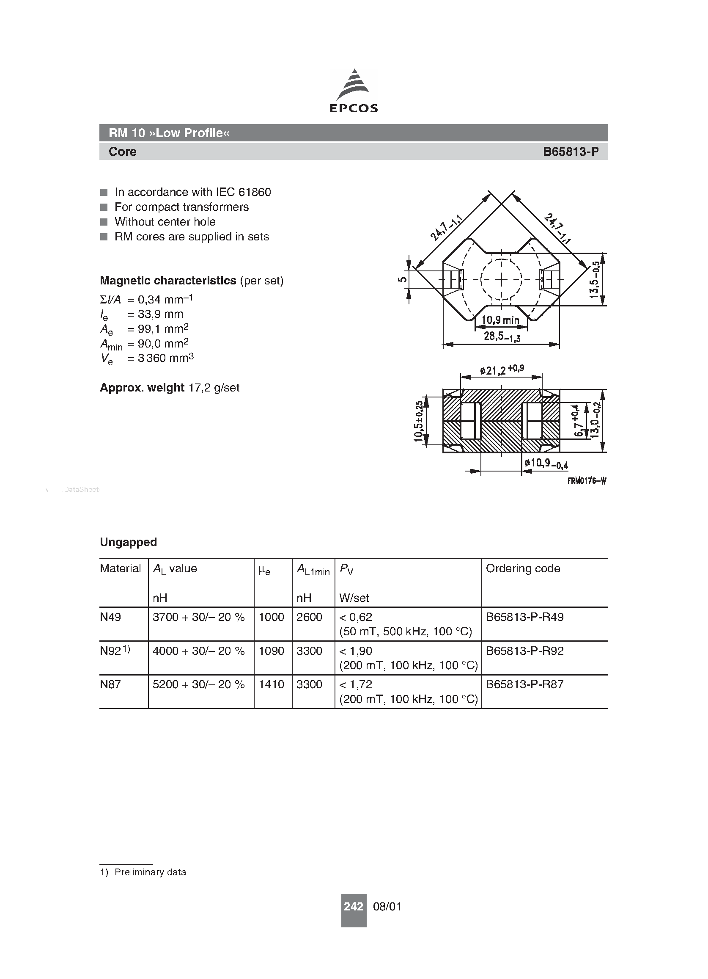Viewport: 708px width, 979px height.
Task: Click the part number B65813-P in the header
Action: (571, 152)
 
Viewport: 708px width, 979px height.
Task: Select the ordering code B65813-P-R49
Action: (524, 617)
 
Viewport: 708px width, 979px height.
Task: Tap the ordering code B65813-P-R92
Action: (524, 651)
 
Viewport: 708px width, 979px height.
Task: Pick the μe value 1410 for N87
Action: (272, 684)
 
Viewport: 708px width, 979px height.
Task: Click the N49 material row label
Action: (110, 617)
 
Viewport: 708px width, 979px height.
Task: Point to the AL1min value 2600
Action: (309, 617)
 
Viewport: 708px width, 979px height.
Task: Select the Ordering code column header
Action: (523, 568)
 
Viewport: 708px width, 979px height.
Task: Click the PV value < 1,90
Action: (356, 651)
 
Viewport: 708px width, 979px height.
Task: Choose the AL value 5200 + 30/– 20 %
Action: (198, 684)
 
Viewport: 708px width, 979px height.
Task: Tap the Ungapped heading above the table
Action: (128, 542)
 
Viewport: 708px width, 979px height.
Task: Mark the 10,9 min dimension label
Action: (500, 320)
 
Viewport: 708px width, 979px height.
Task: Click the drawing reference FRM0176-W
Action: (587, 481)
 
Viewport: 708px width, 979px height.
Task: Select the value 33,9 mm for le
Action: (160, 314)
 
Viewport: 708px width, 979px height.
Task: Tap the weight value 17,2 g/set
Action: (214, 388)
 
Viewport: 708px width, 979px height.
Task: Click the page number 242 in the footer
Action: (353, 907)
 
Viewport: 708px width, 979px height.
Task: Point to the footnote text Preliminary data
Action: (150, 872)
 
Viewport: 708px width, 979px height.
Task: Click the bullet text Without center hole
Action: (165, 222)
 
